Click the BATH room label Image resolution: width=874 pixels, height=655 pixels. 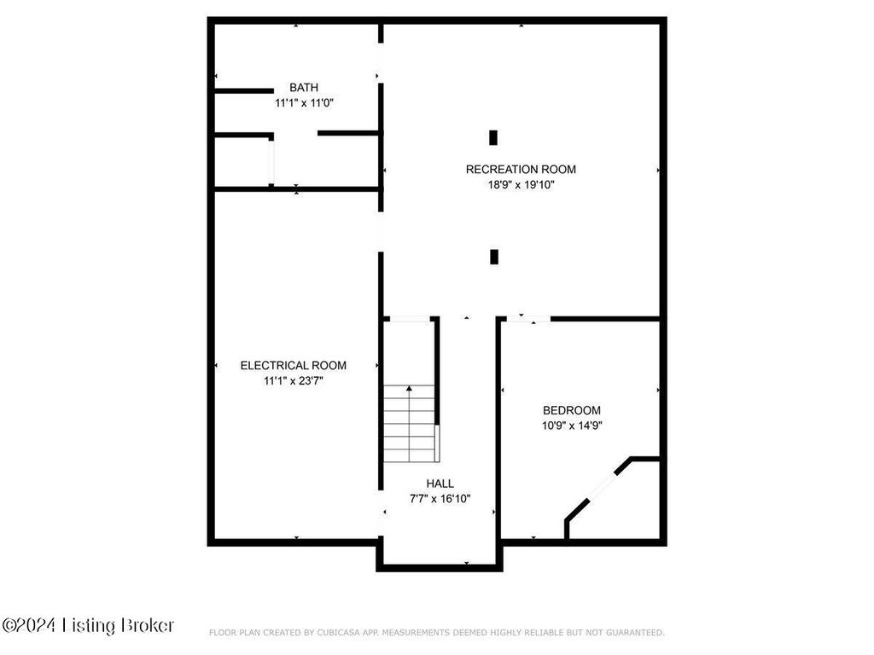304,88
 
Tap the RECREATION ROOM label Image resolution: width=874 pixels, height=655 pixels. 521,170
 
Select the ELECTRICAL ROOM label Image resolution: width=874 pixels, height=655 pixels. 294,365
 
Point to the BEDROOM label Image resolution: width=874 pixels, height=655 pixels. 572,410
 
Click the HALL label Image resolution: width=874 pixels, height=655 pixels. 440,484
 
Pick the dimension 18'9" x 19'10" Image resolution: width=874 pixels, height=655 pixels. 521,185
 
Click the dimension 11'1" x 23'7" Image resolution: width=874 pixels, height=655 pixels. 294,381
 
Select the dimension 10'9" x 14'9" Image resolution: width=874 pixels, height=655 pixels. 572,426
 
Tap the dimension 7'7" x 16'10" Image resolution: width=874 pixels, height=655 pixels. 440,499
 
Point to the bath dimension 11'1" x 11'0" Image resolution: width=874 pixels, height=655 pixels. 304,103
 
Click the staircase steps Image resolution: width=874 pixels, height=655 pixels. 409,423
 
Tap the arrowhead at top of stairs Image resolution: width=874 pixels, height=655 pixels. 409,388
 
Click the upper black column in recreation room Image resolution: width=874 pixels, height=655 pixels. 493,137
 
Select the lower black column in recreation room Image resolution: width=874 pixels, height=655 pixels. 494,257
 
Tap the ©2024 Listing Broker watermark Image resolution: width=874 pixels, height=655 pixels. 88,625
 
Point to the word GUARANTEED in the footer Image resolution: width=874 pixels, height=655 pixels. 635,633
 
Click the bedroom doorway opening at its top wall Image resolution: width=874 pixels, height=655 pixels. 528,319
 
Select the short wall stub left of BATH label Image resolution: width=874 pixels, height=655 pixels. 244,90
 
